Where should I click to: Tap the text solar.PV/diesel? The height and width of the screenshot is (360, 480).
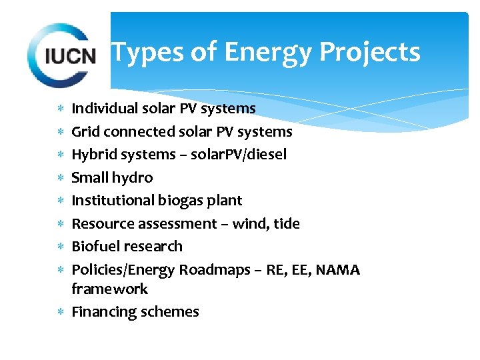coord(239,155)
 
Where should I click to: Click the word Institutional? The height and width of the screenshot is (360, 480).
coord(113,200)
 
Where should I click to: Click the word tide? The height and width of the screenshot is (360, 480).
coord(287,223)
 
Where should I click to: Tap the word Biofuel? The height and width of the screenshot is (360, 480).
coord(95,246)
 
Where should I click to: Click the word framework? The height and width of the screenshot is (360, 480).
coord(109,289)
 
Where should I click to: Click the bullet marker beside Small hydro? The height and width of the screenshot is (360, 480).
coord(61,178)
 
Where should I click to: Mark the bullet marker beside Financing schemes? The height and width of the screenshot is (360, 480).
coord(61,311)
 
